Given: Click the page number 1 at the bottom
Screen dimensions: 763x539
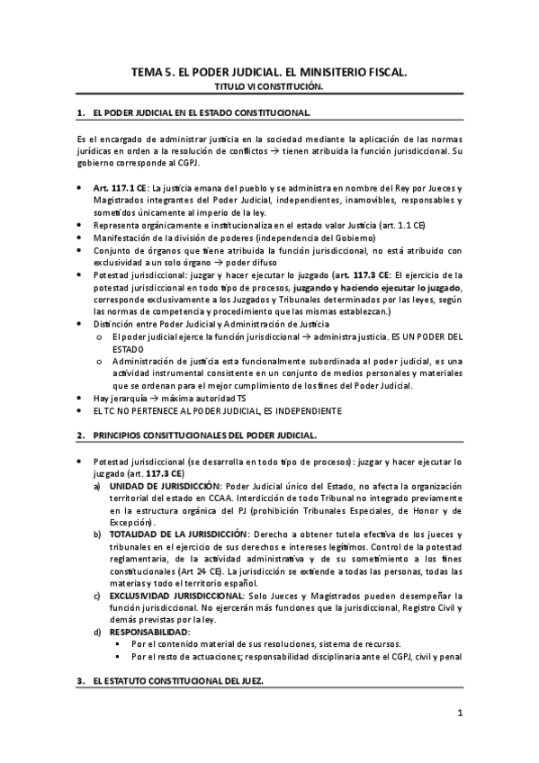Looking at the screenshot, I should tap(459, 714).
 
